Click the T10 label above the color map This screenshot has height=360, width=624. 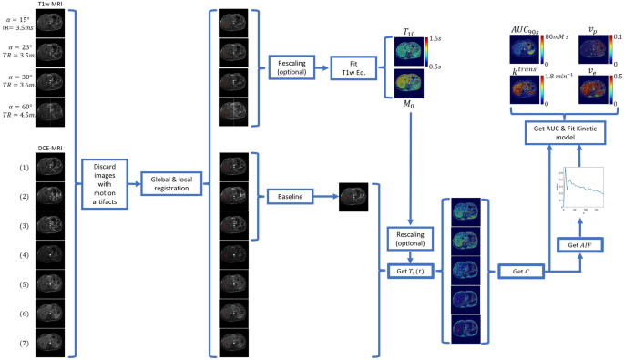click(400, 32)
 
